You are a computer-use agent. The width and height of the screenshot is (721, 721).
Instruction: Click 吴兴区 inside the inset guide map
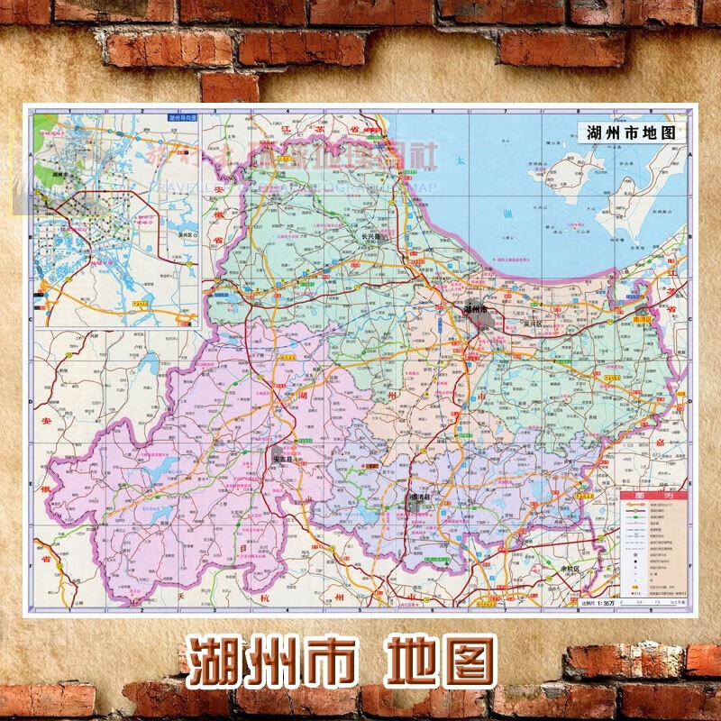[x=187, y=235]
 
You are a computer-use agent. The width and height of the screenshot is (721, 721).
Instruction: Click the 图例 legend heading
[x=654, y=497]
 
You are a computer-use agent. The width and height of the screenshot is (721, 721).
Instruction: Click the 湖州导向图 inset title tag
[x=183, y=117]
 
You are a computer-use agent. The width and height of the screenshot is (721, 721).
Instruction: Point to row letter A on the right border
[x=690, y=154]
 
